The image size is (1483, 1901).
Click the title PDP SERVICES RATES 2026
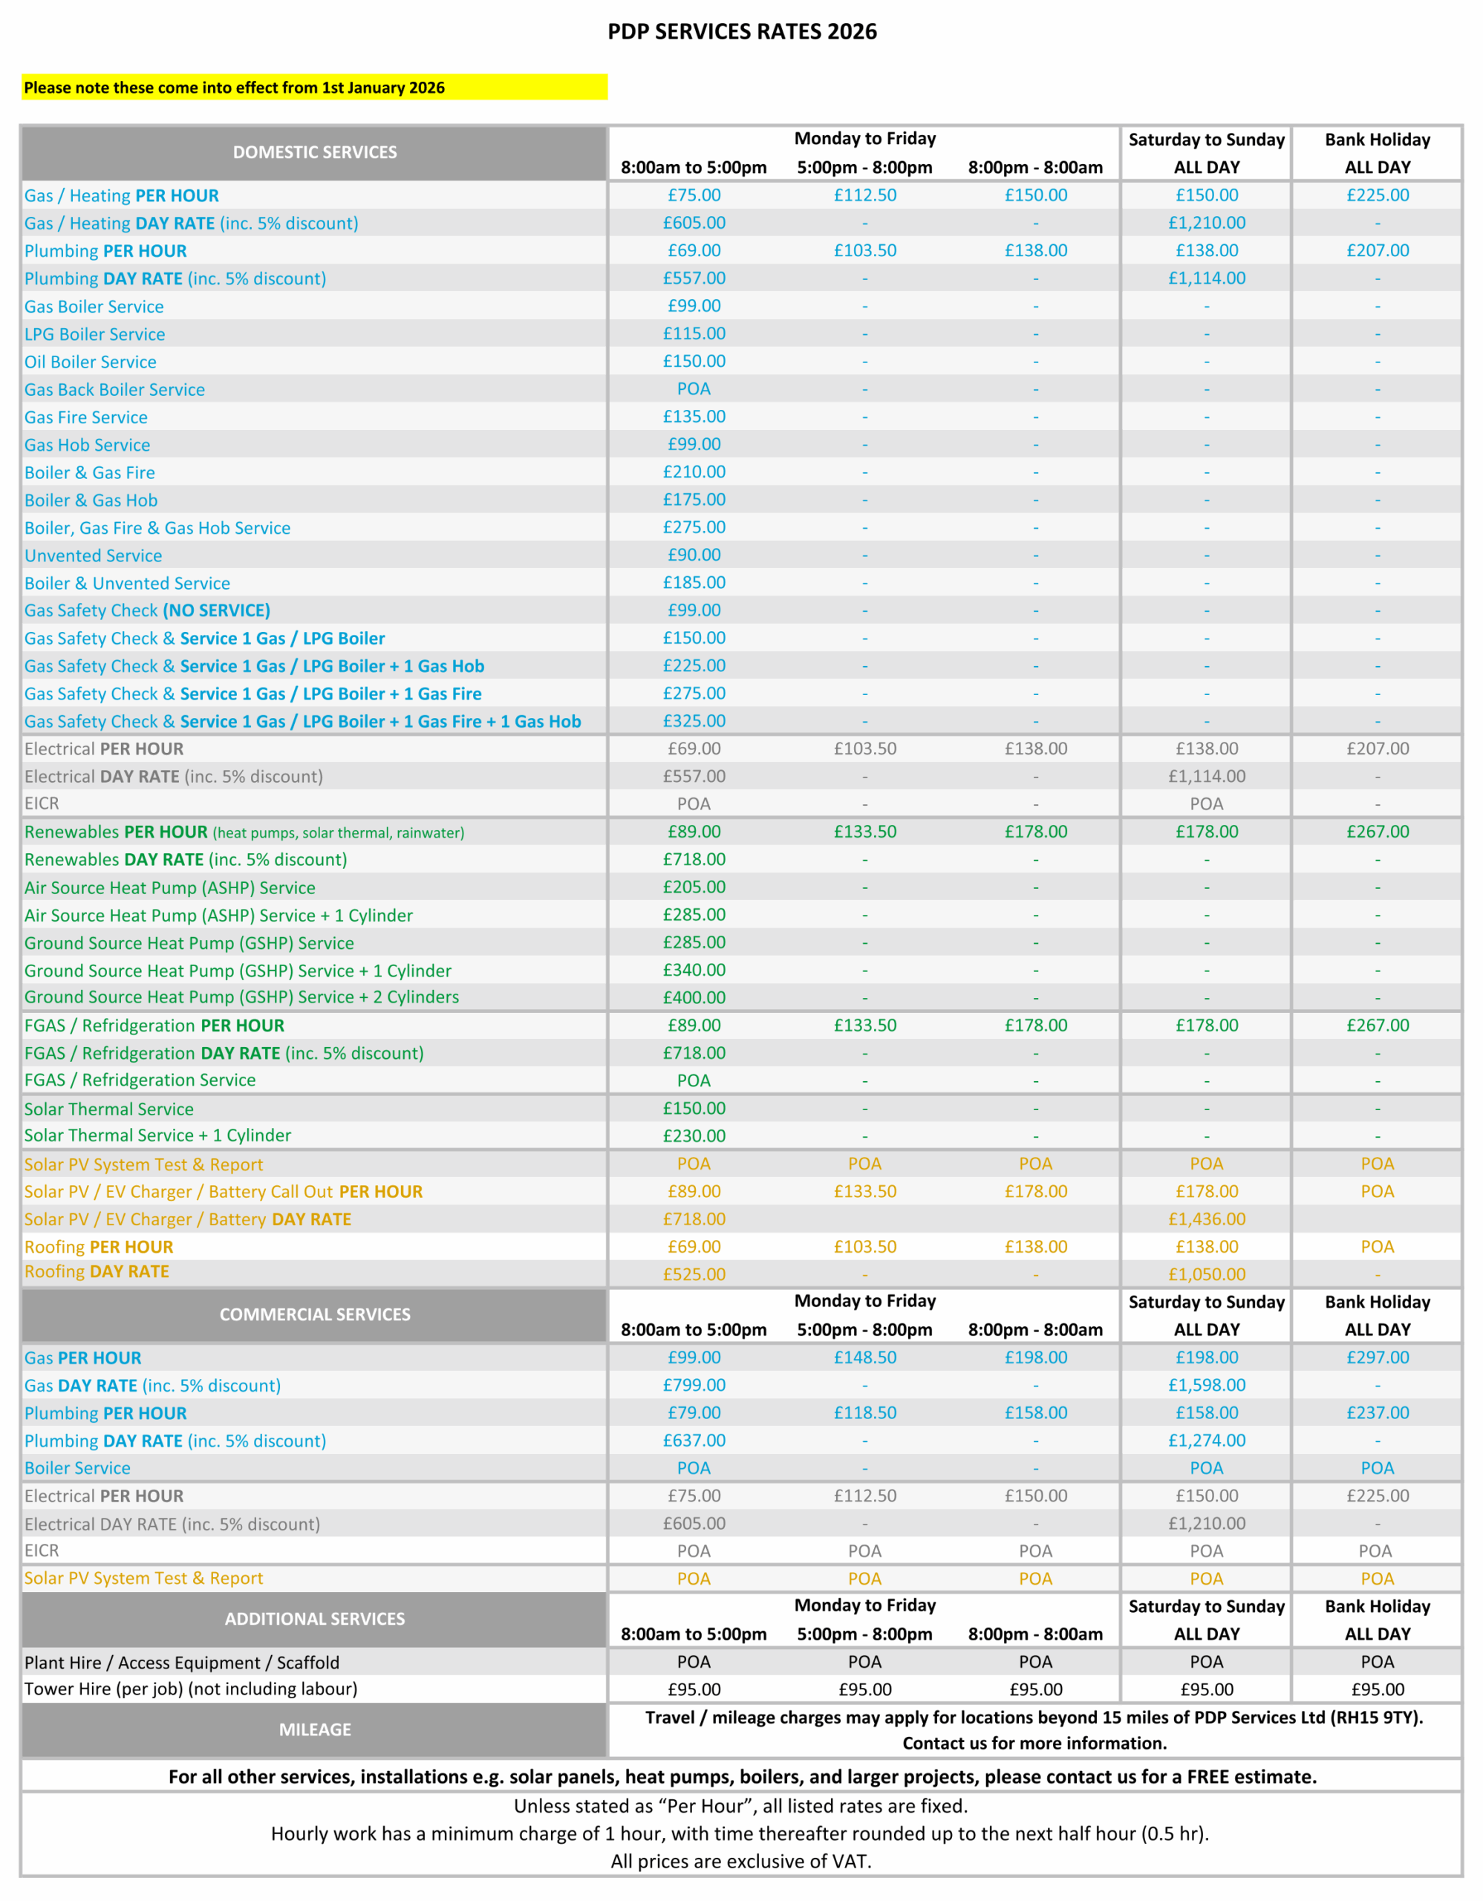(741, 32)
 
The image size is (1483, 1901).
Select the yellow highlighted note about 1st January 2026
(234, 88)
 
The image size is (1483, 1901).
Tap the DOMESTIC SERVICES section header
(314, 152)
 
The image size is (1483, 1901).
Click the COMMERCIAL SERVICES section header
(314, 1314)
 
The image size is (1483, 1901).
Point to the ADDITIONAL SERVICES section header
(314, 1619)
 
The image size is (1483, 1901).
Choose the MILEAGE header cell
(314, 1729)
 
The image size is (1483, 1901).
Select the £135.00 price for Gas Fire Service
(694, 417)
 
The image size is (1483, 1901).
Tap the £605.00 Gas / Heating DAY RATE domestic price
(694, 224)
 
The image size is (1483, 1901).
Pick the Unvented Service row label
(93, 555)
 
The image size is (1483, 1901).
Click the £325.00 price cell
(694, 722)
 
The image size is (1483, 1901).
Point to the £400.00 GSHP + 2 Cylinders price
(694, 997)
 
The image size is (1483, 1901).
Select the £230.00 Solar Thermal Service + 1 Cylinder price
(694, 1136)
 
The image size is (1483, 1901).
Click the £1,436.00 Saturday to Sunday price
(1206, 1219)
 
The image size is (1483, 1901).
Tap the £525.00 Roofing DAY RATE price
(694, 1274)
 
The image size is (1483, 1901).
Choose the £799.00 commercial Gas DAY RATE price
(694, 1385)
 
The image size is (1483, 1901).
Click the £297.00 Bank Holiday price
(1377, 1358)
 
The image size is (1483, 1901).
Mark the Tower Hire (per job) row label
(191, 1689)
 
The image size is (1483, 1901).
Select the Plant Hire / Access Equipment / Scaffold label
(182, 1663)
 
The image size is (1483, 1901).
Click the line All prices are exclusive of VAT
(740, 1861)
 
